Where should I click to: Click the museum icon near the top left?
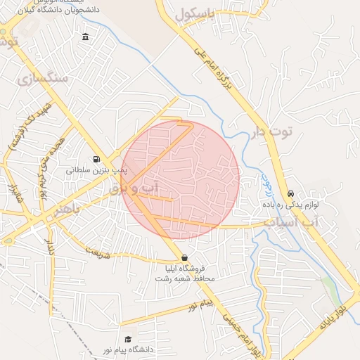coord(85,37)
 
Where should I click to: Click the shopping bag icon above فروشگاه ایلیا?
coord(184,257)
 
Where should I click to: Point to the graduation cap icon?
coord(127,339)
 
